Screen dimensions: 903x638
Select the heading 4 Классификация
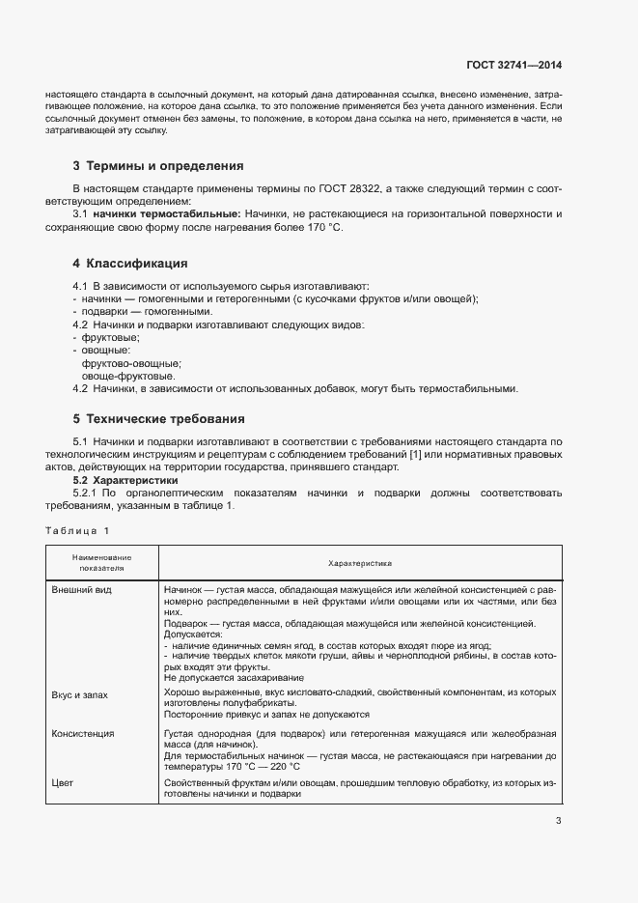click(x=130, y=264)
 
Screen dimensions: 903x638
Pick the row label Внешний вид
click(x=82, y=589)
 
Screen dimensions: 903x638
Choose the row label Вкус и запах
click(x=81, y=693)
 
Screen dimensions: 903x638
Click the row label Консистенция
click(x=83, y=734)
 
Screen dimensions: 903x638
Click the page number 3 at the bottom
click(x=558, y=822)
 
